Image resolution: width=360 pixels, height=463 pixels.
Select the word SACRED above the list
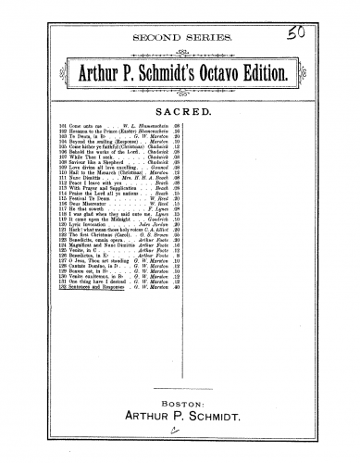point(180,109)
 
